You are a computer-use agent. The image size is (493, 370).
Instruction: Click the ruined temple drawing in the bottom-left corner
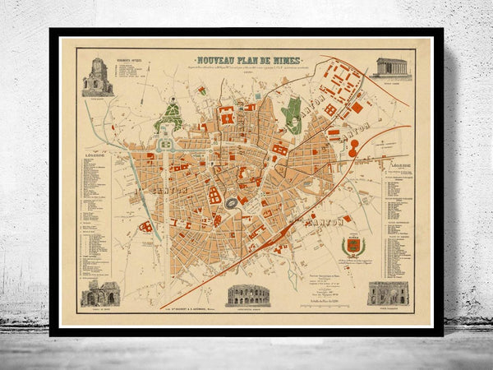[x=99, y=293]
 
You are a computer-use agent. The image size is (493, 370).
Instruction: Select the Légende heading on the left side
[x=95, y=154]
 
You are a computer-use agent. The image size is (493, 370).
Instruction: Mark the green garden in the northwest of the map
[x=171, y=118]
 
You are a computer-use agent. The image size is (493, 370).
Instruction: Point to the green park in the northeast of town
[x=292, y=115]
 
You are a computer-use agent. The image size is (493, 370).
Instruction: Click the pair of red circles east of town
[x=353, y=148]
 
